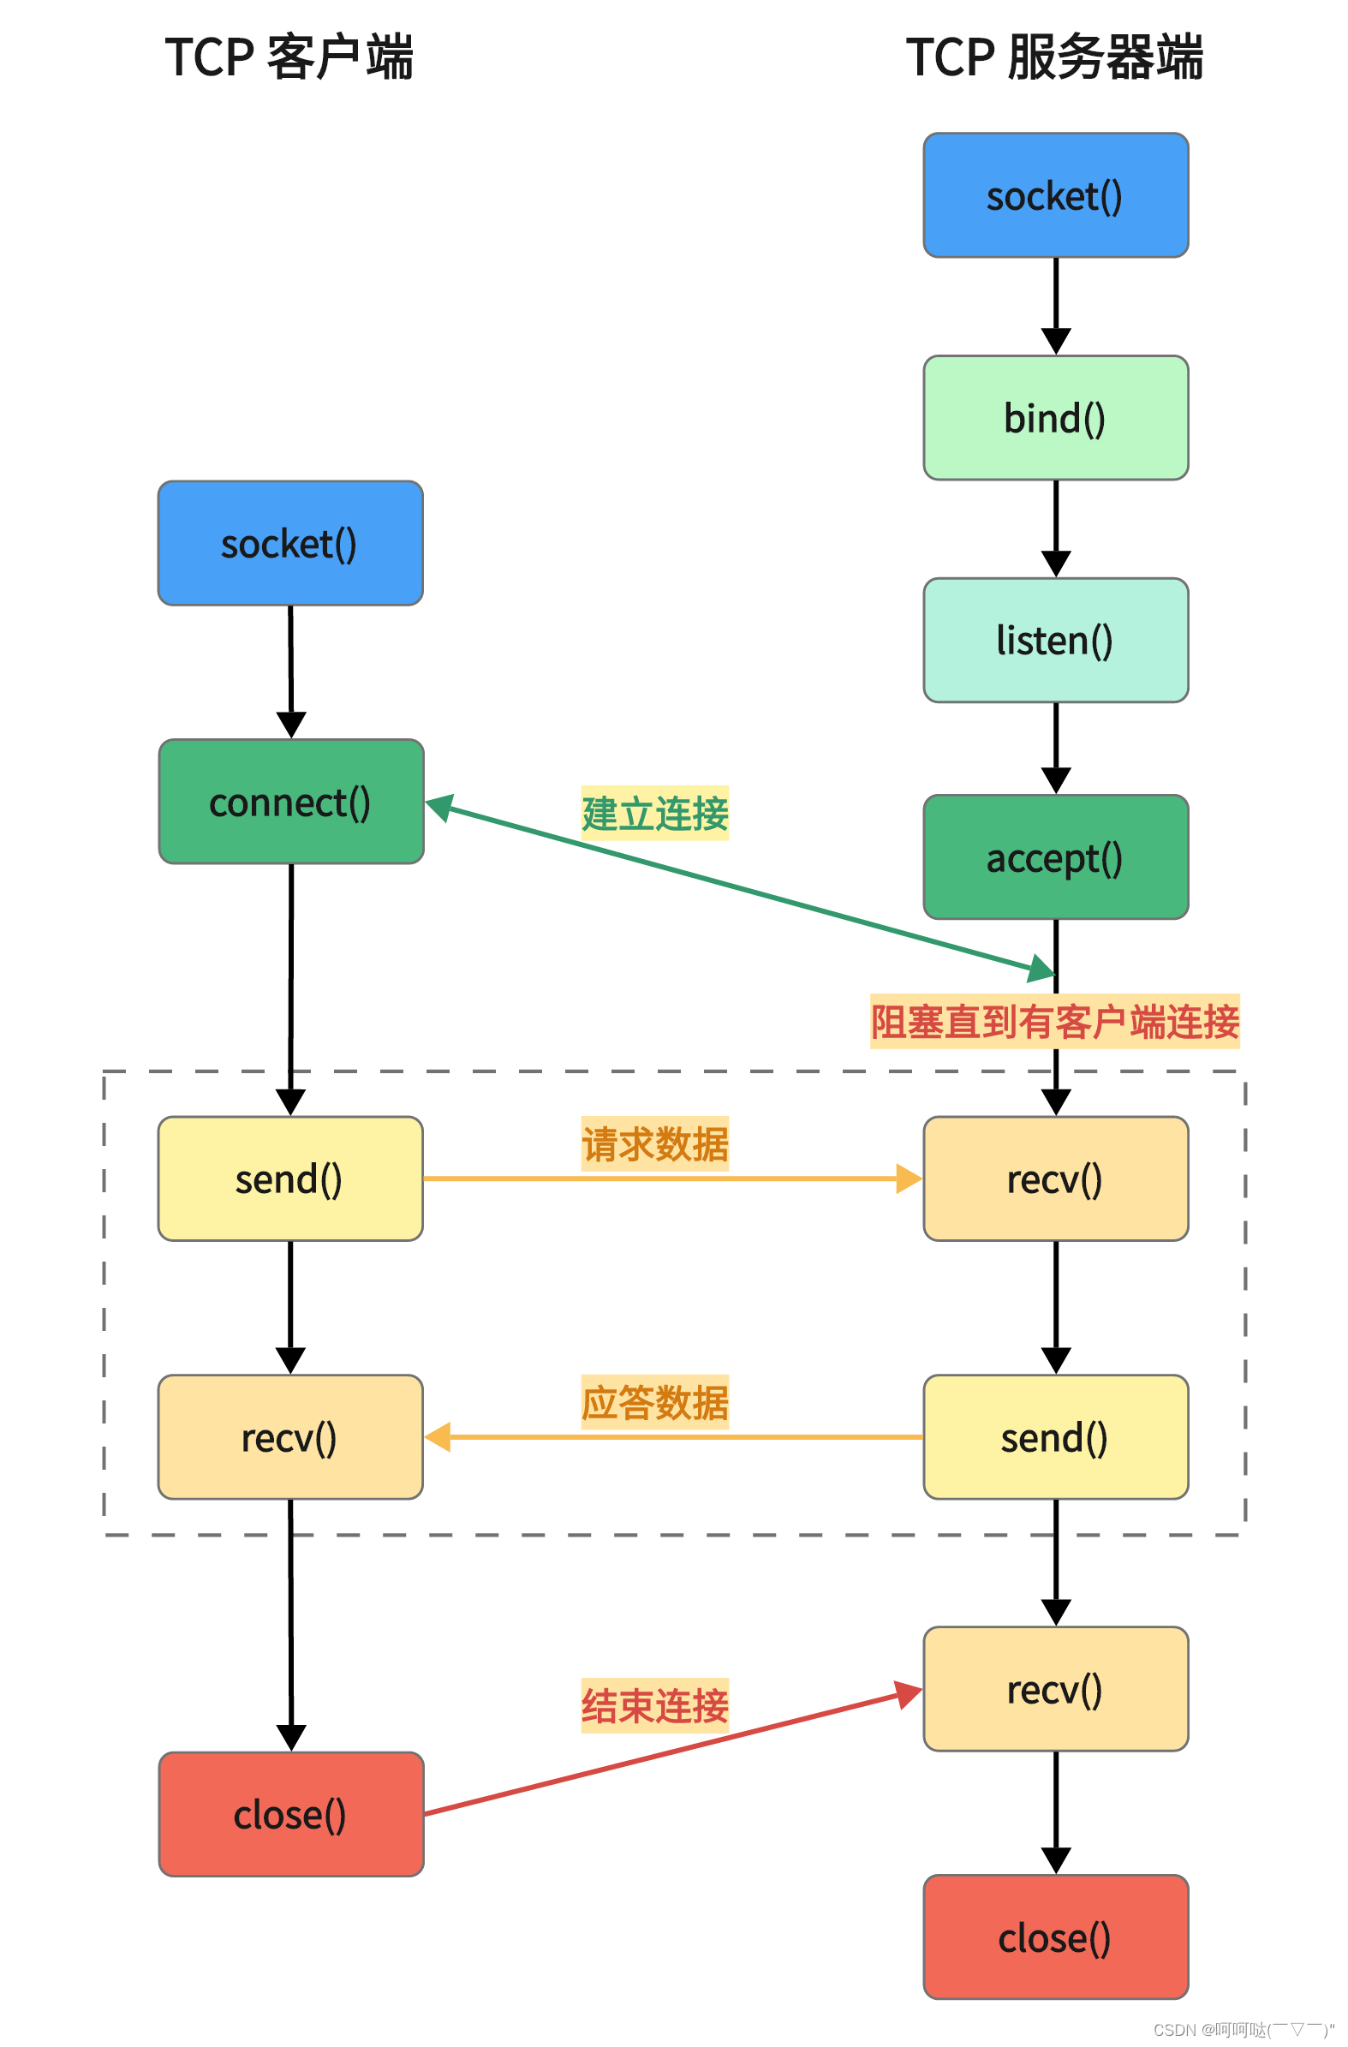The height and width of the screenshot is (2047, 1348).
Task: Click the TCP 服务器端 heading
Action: point(1053,57)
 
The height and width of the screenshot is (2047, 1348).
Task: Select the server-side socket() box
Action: point(1055,195)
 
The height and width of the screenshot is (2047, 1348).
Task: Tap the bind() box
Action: point(1055,418)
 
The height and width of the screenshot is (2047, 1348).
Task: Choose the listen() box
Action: point(1055,640)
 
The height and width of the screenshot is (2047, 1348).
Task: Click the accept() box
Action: point(1055,856)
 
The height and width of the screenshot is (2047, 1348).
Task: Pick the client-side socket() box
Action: point(290,543)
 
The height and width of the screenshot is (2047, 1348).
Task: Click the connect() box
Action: point(291,802)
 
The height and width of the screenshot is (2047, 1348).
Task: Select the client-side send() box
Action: point(290,1179)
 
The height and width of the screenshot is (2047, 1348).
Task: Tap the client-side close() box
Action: point(291,1814)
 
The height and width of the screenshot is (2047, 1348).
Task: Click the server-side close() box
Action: point(1055,1937)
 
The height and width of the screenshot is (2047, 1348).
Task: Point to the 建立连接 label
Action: point(654,813)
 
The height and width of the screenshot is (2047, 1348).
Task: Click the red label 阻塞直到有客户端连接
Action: point(1053,1021)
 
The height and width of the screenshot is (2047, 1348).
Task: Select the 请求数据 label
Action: point(654,1143)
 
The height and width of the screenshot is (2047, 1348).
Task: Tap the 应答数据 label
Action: point(654,1401)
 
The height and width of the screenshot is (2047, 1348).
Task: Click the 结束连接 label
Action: point(654,1704)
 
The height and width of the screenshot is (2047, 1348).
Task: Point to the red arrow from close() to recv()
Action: point(671,1753)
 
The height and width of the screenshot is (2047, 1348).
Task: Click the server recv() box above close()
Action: point(1055,1688)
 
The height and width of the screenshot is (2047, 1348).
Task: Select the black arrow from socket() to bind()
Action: point(1055,305)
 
